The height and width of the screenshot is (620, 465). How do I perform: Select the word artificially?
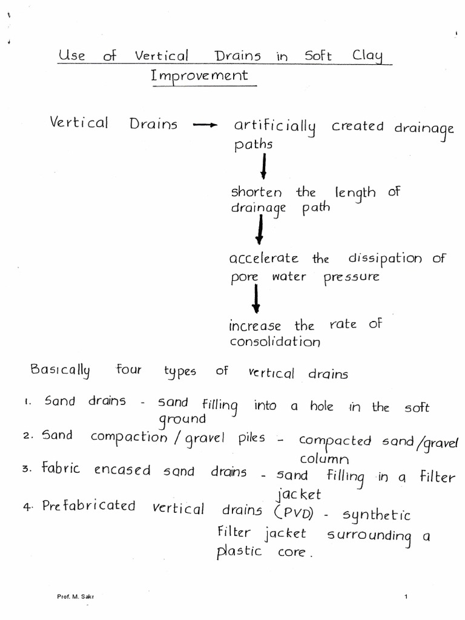275,127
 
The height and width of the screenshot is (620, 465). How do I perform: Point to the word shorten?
256,193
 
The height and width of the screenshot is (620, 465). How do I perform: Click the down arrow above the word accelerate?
260,231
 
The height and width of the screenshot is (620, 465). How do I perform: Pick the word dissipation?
385,259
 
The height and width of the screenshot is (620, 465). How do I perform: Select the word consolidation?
274,341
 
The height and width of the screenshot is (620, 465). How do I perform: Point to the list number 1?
28,402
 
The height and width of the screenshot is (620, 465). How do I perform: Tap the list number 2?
28,437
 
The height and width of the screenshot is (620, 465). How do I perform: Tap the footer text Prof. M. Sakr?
75,597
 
